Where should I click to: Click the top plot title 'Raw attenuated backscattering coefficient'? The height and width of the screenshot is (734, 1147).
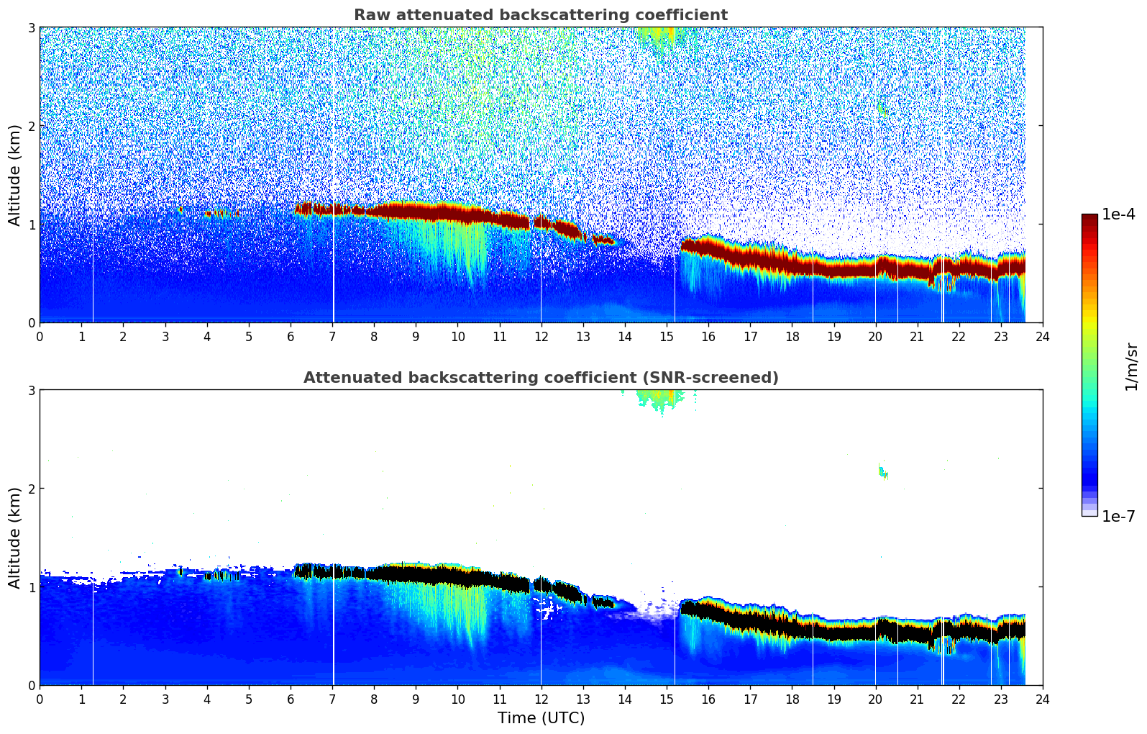coord(540,15)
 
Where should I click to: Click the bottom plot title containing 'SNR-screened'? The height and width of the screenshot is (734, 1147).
coord(540,378)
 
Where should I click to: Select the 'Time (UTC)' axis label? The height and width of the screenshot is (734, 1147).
coord(541,718)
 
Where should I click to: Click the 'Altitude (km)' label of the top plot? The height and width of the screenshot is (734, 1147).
coord(15,175)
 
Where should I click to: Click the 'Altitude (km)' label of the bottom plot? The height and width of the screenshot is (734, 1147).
coord(15,538)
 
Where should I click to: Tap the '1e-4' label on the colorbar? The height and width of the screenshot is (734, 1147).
coord(1118,214)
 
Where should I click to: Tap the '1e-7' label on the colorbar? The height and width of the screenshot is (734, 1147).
coord(1118,516)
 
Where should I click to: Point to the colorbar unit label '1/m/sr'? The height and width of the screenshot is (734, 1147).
coord(1131,366)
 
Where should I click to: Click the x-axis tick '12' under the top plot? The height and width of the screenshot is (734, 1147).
coord(541,337)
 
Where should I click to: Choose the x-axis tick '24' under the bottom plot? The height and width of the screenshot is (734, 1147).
coord(1042,699)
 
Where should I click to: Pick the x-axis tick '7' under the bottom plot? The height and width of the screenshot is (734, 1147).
coord(332,699)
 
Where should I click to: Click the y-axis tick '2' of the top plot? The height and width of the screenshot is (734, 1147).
coord(31,126)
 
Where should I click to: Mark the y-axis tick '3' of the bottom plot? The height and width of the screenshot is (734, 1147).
coord(31,390)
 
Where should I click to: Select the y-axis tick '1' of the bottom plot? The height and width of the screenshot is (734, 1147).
coord(31,587)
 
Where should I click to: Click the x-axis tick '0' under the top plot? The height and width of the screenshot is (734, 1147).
coord(40,337)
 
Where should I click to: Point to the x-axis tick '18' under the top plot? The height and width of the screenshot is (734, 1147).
coord(792,337)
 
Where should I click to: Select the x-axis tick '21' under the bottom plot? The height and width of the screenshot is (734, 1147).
coord(917,699)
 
